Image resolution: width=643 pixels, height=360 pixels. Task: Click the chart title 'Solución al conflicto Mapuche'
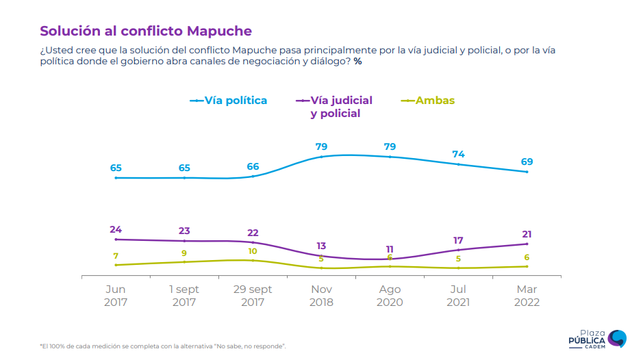tap(146, 31)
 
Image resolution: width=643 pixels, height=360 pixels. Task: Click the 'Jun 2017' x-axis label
tap(116, 296)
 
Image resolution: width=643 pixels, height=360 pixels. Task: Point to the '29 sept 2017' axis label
tap(253, 296)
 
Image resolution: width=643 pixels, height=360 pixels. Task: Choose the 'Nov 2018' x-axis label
tap(321, 296)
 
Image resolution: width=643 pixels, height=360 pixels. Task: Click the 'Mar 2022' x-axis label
tap(527, 296)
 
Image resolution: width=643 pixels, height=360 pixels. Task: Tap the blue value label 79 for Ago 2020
tap(390, 146)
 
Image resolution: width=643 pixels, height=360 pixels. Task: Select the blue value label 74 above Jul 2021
tap(458, 154)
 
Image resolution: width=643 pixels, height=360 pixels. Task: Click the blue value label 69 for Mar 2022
tap(527, 162)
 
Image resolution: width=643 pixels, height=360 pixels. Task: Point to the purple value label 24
tap(116, 229)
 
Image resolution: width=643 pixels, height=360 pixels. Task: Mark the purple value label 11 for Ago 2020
tap(390, 249)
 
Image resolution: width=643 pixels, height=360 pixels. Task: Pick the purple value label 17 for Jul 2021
tap(458, 240)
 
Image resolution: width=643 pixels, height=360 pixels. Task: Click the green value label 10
tap(253, 251)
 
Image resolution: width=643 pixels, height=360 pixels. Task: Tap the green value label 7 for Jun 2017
tap(116, 255)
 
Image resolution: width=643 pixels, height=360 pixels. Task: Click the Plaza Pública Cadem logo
tap(597, 338)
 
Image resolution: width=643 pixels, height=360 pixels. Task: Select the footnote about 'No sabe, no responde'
tap(162, 346)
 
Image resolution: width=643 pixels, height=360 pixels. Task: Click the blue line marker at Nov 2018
tap(321, 157)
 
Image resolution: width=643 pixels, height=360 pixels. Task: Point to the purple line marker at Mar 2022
tap(527, 244)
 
